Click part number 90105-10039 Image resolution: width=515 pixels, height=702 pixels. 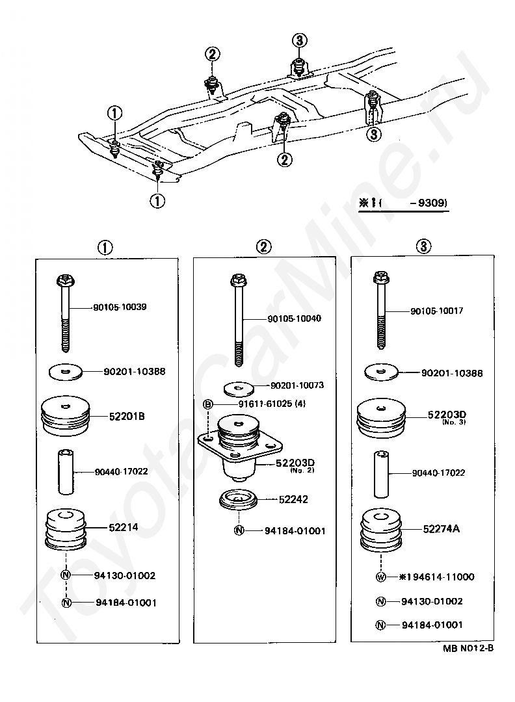tap(120, 307)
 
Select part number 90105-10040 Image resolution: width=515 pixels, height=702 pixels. tap(294, 318)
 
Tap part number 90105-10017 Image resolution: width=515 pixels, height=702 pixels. tap(436, 311)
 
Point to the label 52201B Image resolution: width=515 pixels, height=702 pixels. tap(127, 417)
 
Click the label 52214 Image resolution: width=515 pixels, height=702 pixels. tap(123, 527)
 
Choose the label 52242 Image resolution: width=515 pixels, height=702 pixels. tap(293, 500)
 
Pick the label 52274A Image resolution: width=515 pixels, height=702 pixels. tap(441, 528)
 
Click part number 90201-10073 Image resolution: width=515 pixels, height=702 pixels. tap(297, 385)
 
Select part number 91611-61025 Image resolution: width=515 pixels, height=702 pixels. tap(265, 404)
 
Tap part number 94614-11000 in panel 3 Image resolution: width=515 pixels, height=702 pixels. tap(440, 577)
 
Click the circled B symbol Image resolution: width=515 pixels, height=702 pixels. tap(207, 405)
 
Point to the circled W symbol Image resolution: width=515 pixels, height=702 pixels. tap(380, 577)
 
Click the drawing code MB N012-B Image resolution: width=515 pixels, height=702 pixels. tap(468, 648)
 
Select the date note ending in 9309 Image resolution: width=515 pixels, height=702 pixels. tap(403, 203)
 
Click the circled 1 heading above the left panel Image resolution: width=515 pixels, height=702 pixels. tap(105, 247)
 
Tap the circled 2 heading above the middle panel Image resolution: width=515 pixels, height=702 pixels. tap(264, 246)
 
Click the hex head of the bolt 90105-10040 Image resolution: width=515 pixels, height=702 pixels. tap(238, 281)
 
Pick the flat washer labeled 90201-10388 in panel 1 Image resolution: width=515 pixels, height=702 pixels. tap(66, 372)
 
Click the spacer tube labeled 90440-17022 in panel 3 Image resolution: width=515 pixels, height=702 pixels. tap(381, 474)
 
